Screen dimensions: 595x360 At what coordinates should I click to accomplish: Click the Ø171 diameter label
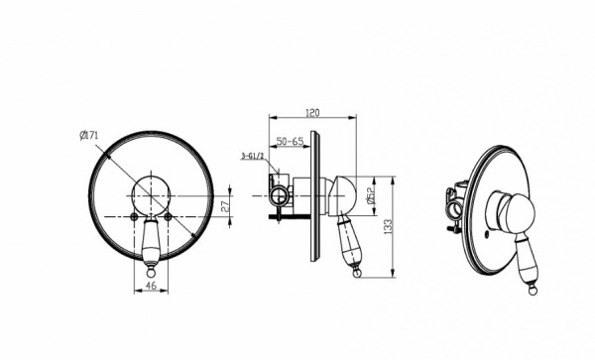point(89,135)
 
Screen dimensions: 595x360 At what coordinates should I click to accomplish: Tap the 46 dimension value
point(151,286)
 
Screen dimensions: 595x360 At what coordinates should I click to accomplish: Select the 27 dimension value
point(225,206)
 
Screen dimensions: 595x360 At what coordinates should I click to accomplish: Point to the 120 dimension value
point(312,113)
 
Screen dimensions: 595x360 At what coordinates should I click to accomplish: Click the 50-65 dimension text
point(290,141)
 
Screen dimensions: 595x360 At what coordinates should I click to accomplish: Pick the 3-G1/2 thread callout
point(252,156)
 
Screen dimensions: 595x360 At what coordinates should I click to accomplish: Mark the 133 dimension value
point(388,227)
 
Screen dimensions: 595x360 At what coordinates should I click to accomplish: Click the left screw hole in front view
point(134,216)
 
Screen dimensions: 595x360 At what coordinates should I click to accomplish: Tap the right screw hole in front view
point(168,216)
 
